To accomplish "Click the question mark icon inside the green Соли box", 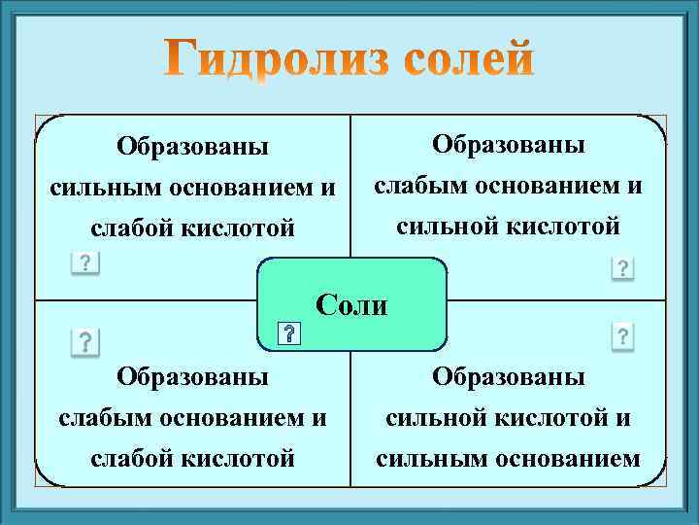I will [x=289, y=335].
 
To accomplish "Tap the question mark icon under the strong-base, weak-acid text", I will [x=85, y=263].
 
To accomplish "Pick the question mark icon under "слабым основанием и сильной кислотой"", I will [x=622, y=268].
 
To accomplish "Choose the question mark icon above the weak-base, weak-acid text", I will [x=85, y=341].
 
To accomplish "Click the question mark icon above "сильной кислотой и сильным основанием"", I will [x=622, y=337].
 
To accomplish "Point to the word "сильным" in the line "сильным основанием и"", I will [x=91, y=188].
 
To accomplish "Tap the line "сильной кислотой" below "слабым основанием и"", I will [x=508, y=226].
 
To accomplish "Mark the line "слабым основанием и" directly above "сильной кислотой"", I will [x=508, y=186].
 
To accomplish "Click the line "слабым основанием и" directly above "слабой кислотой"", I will [x=192, y=417].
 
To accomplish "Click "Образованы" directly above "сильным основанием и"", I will [x=192, y=148].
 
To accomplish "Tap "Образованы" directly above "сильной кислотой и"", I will [x=508, y=377].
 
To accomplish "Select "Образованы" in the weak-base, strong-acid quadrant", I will [x=508, y=146].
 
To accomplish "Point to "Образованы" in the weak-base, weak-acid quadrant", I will [x=192, y=377].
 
